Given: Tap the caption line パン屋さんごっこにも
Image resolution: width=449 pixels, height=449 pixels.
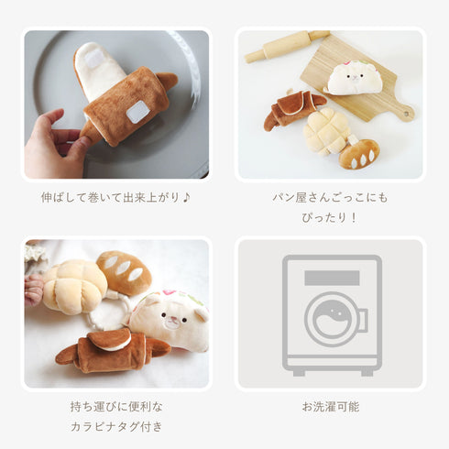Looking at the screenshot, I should [x=330, y=197].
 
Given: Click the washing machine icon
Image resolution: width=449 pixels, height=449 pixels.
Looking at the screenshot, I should [x=330, y=314].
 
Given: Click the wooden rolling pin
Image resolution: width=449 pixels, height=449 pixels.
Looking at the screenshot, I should [x=285, y=46].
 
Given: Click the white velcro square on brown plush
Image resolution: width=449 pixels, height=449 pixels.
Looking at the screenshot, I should [x=137, y=112].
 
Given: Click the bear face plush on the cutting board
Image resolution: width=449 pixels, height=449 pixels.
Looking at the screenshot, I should [x=354, y=79].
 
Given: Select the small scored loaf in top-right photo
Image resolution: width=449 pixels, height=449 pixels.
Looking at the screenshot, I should [x=359, y=154].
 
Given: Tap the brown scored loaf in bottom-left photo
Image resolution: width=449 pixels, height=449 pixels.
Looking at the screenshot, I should [x=125, y=270].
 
